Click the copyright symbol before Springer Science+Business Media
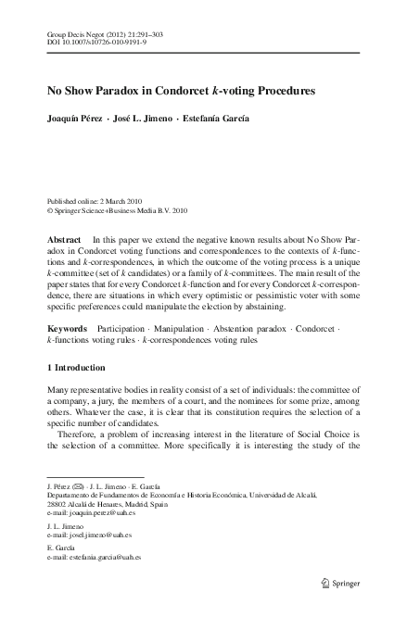point(50,210)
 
